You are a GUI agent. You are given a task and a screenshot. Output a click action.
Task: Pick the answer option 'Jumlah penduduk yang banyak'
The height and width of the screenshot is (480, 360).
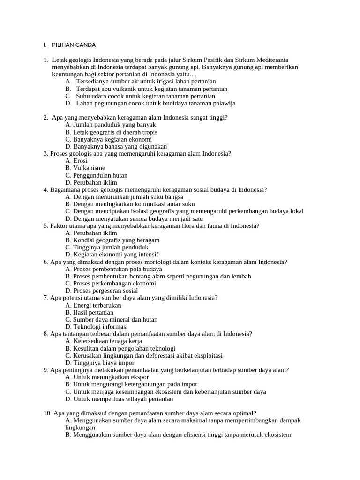point(111,125)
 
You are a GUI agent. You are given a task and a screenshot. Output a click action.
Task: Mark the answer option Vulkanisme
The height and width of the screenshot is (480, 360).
point(85,168)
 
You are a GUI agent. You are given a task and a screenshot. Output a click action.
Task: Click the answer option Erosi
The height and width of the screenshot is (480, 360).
point(77,161)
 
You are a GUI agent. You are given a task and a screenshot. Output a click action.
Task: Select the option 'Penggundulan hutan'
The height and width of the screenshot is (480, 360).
point(97,175)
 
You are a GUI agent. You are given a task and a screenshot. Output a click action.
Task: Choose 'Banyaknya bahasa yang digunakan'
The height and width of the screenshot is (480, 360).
point(116,146)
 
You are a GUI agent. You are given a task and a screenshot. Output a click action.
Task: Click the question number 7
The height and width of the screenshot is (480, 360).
point(46,298)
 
